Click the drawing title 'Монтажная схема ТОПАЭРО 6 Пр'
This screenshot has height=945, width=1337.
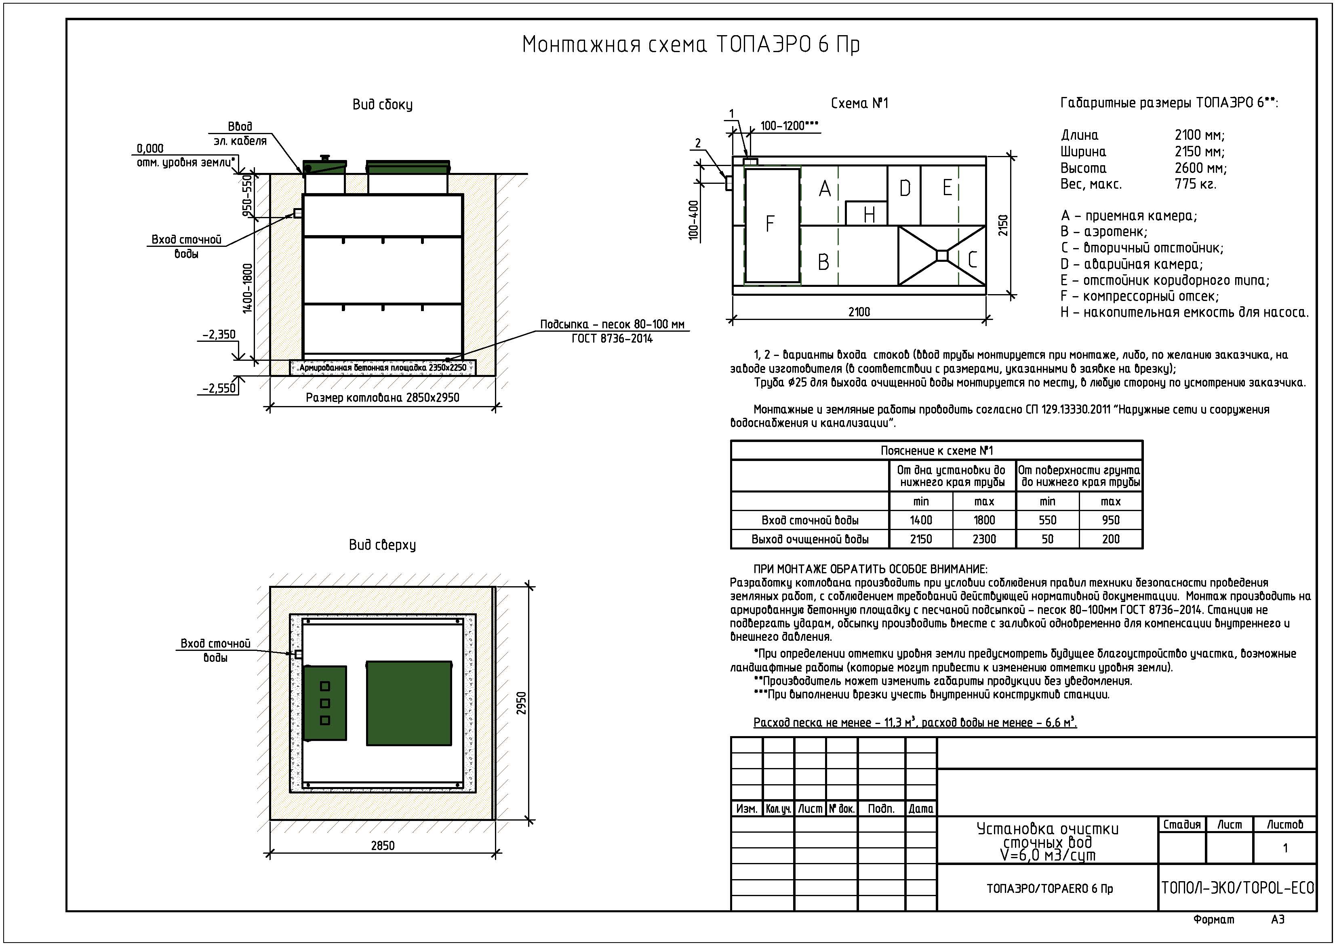[691, 45]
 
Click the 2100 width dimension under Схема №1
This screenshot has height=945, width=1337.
[859, 312]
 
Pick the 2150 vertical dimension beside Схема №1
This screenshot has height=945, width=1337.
[1003, 225]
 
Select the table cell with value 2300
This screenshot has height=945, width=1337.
[984, 539]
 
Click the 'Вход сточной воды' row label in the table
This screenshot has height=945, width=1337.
[809, 520]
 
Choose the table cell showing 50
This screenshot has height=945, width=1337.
[1047, 539]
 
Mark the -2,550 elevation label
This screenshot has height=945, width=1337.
[219, 388]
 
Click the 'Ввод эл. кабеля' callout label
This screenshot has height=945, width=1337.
[240, 134]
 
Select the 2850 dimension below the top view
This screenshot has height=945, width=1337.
[383, 846]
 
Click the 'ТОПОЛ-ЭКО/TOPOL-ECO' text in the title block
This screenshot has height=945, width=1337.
[1238, 888]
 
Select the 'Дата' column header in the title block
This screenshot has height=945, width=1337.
[921, 809]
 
